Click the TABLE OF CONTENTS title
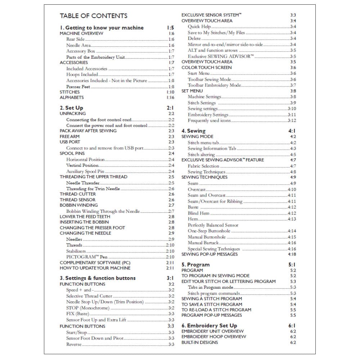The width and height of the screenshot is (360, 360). point(93,16)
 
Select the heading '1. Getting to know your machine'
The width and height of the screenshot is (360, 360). point(102,28)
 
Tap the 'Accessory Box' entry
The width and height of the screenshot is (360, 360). point(81,51)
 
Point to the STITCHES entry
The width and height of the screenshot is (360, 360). point(69,92)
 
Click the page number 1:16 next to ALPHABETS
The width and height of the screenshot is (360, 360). point(170,98)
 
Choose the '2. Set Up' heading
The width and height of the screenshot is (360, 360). point(71,108)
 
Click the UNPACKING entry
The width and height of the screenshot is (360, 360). point(73,113)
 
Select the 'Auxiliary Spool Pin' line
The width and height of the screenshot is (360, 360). point(85,171)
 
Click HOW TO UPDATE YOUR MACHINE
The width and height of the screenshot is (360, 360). point(95,268)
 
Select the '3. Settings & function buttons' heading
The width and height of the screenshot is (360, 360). point(98,278)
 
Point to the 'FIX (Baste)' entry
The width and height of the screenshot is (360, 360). point(77,314)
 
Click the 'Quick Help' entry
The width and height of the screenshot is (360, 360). point(199,27)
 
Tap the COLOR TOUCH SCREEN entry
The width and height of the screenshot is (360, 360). point(207,68)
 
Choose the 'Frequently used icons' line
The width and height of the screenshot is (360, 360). point(209,121)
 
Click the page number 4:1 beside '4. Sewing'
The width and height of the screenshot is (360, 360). point(292,131)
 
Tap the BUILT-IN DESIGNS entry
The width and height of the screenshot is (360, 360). point(199,342)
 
